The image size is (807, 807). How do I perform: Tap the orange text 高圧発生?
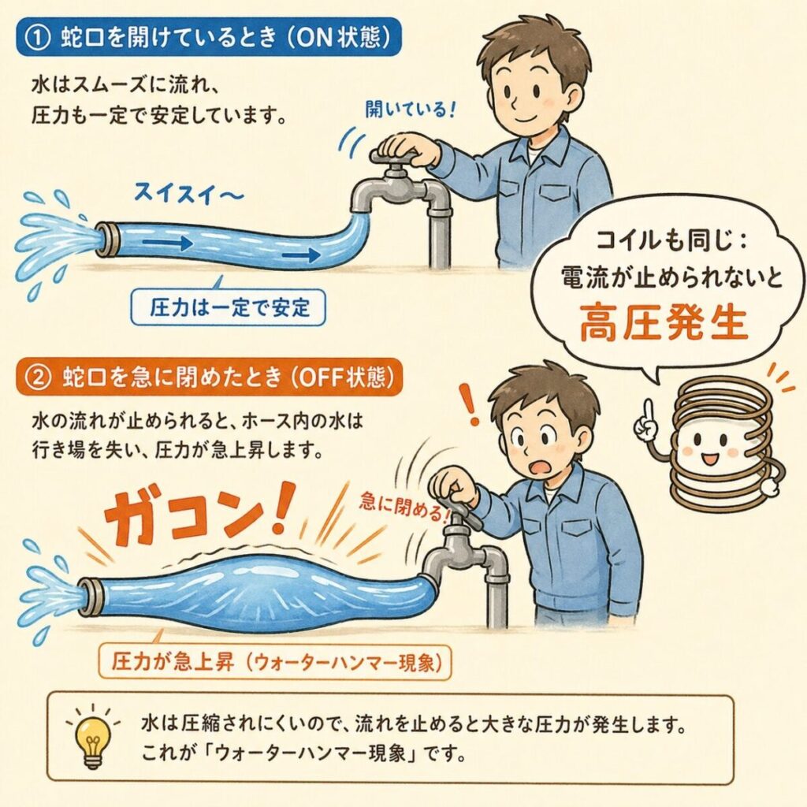coord(664,322)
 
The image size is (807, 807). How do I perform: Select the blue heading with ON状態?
coord(208,37)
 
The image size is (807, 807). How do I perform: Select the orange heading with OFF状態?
coord(208,377)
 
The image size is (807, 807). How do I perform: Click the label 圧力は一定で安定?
coord(229,308)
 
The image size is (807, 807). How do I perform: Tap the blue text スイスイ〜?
coord(188,194)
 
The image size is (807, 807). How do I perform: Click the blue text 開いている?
coord(410,109)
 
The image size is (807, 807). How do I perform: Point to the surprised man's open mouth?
coord(541,468)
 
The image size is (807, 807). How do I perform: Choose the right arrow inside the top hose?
coord(300,254)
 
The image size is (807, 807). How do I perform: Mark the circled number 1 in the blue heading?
coord(39,39)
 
